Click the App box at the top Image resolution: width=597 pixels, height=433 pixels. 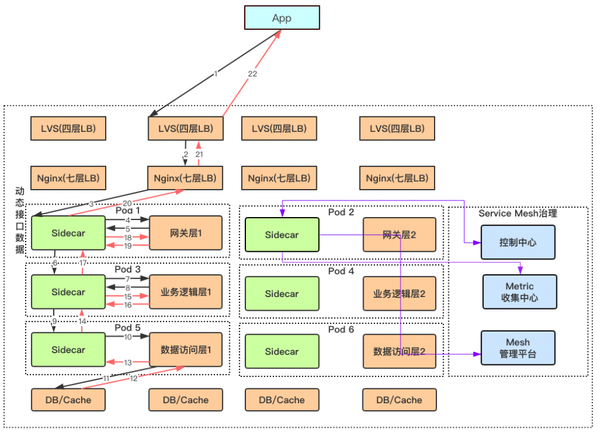pyautogui.click(x=282, y=18)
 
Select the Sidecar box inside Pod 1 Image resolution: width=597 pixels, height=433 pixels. pyautogui.click(x=68, y=233)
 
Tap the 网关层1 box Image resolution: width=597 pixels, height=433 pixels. pyautogui.click(x=186, y=233)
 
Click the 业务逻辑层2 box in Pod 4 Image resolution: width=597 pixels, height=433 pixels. pyautogui.click(x=399, y=293)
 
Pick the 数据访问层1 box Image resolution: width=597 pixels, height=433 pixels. pyautogui.click(x=186, y=350)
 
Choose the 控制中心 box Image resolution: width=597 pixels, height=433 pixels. pyautogui.click(x=518, y=243)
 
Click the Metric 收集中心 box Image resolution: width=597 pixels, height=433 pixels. pyautogui.click(x=519, y=292)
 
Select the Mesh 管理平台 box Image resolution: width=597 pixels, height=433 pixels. pyautogui.click(x=518, y=348)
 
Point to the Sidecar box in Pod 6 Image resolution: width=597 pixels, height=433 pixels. pyautogui.click(x=282, y=351)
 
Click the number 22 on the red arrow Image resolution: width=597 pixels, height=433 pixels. pyautogui.click(x=252, y=73)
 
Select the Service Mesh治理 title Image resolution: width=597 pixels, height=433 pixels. pyautogui.click(x=518, y=213)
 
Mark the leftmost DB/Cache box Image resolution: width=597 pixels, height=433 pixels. pyautogui.click(x=68, y=400)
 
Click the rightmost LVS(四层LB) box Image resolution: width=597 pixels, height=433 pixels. pyautogui.click(x=397, y=128)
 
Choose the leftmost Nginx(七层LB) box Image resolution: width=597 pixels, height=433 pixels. pyautogui.click(x=68, y=178)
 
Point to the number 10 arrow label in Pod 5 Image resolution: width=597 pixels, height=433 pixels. pyautogui.click(x=128, y=337)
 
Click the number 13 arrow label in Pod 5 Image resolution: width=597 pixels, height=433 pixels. pyautogui.click(x=128, y=362)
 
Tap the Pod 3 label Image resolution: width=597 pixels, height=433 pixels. pyautogui.click(x=128, y=269)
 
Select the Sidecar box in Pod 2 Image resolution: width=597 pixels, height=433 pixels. pyautogui.click(x=282, y=235)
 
